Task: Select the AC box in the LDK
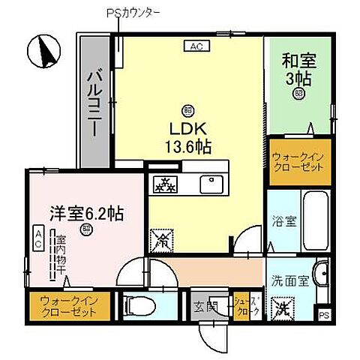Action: [x=196, y=46]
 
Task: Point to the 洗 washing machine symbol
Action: [x=281, y=307]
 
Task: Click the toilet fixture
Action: [x=139, y=305]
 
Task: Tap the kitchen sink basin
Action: [x=208, y=184]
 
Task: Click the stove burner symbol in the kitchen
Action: [x=164, y=183]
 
